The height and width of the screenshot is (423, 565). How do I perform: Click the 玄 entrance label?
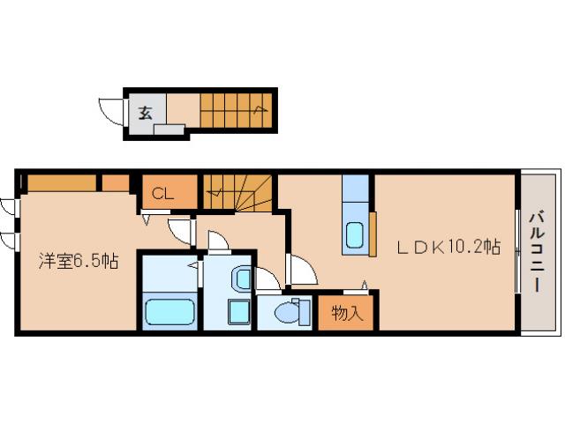pyautogui.click(x=146, y=113)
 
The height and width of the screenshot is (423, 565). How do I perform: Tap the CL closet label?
pyautogui.click(x=162, y=194)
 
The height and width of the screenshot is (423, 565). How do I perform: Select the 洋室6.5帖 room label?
pyautogui.click(x=79, y=261)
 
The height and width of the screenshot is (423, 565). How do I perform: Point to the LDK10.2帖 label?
pyautogui.click(x=448, y=247)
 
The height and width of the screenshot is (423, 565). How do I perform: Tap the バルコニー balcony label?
pyautogui.click(x=537, y=253)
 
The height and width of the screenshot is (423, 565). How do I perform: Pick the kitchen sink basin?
pyautogui.click(x=355, y=235)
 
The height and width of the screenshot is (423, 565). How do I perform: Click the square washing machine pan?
pyautogui.click(x=238, y=312)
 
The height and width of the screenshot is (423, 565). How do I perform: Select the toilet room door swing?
pyautogui.click(x=267, y=279)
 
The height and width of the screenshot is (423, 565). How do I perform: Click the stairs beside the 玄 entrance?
pyautogui.click(x=236, y=110)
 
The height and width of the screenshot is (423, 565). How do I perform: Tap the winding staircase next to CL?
pyautogui.click(x=237, y=192)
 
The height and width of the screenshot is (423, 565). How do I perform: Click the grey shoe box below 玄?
pyautogui.click(x=169, y=130)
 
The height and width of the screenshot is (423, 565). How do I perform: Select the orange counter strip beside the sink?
pyautogui.click(x=373, y=234)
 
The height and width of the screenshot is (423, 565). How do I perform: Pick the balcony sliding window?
pyautogui.click(x=517, y=250)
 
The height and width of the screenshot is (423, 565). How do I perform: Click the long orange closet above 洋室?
pyautogui.click(x=62, y=182)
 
